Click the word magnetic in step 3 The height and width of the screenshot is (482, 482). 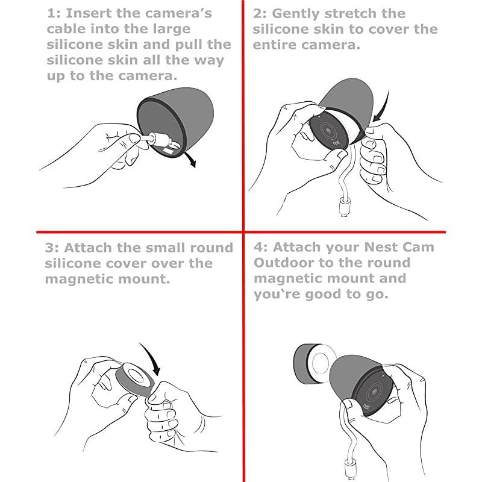[x=79, y=280]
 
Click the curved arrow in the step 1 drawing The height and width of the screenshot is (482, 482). [x=189, y=159]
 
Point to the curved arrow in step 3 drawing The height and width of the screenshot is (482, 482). [x=152, y=357]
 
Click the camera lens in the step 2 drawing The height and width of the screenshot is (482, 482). [x=328, y=131]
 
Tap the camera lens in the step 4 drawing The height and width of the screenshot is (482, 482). [x=374, y=392]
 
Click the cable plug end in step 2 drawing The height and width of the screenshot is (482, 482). [x=344, y=207]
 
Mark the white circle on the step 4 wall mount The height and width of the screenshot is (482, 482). [x=321, y=363]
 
